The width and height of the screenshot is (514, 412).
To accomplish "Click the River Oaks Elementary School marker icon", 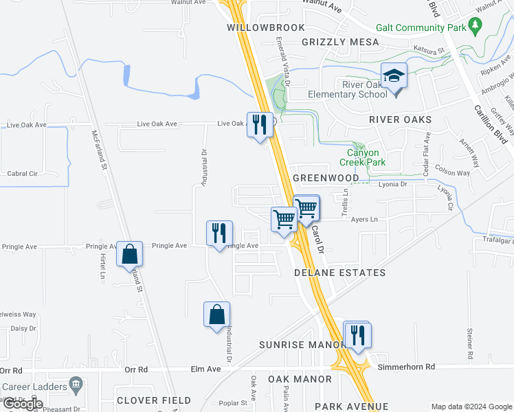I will pos(394,75).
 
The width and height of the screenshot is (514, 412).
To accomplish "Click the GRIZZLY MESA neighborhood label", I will pos(340,42).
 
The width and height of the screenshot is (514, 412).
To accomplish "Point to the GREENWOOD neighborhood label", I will pos(326,178).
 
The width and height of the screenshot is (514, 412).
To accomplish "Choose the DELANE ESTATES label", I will pos(339,273).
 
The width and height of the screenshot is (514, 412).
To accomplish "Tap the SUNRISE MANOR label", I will pos(301,344).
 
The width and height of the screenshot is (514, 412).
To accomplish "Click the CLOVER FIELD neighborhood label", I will pos(154,400).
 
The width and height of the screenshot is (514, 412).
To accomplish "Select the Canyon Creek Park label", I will pos(362,157).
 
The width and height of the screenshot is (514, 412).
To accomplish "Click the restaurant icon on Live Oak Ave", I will pos(259,124).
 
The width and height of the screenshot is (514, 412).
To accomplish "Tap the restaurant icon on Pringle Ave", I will pos(219,233).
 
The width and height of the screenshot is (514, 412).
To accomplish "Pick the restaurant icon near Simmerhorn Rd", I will pos(357,334).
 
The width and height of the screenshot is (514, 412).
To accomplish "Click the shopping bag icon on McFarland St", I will pos(129,254).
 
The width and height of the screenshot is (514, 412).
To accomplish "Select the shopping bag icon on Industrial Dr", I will pos(216,314).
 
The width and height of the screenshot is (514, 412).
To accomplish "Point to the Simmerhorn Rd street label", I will pos(407,367).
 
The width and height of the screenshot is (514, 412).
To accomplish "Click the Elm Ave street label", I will pos(205,369).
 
